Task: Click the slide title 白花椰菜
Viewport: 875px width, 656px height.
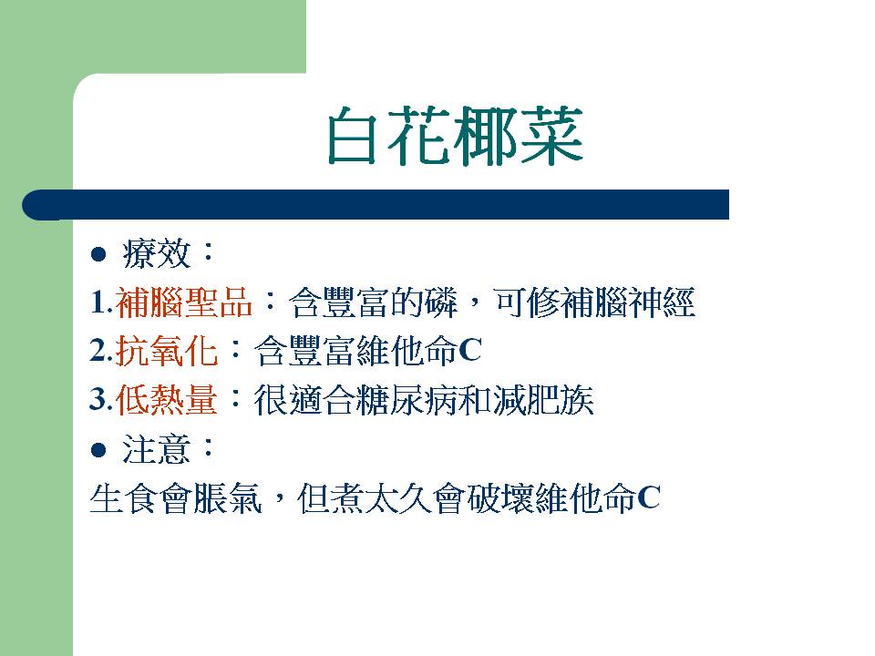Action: pos(455,136)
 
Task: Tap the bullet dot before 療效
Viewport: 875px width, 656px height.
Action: pos(98,254)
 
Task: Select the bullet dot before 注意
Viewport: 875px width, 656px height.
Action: pos(98,449)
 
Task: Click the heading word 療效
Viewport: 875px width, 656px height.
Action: pos(157,254)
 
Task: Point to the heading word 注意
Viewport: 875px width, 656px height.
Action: pos(157,449)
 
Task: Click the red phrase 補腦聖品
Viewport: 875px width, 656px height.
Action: pos(183,302)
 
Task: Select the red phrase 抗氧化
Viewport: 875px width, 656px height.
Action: pos(166,352)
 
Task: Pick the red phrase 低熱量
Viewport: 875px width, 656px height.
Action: pos(166,400)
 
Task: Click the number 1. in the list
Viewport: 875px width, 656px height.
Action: pos(101,302)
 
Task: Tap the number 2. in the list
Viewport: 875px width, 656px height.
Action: pos(101,352)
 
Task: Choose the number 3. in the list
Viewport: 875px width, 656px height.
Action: pos(101,400)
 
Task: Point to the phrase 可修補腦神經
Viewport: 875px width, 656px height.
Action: pos(594,302)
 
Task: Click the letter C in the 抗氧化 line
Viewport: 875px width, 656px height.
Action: pos(470,351)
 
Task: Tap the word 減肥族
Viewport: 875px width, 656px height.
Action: pos(543,400)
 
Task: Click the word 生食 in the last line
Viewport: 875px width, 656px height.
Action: pos(124,498)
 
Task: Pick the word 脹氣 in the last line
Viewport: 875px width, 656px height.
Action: pos(227,498)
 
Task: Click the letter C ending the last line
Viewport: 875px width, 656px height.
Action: pos(649,497)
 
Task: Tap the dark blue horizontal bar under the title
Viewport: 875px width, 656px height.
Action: pos(376,205)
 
